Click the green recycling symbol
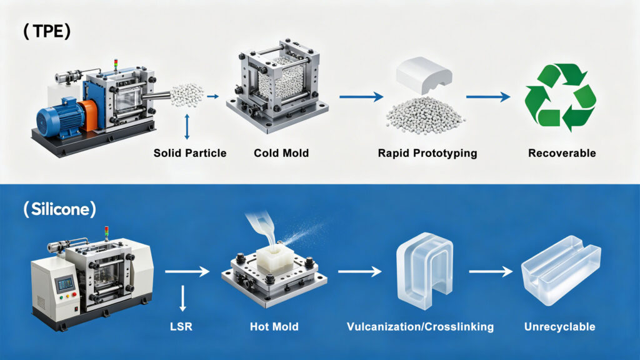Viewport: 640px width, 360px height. [x=560, y=99]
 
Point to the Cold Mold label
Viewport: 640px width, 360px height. [x=281, y=153]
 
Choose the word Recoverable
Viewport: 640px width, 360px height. [x=561, y=153]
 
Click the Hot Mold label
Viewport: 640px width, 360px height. [x=274, y=326]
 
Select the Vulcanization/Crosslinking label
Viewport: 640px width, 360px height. [x=421, y=326]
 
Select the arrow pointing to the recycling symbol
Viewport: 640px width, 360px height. [x=489, y=97]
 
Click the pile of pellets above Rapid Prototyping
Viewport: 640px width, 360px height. [x=425, y=112]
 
